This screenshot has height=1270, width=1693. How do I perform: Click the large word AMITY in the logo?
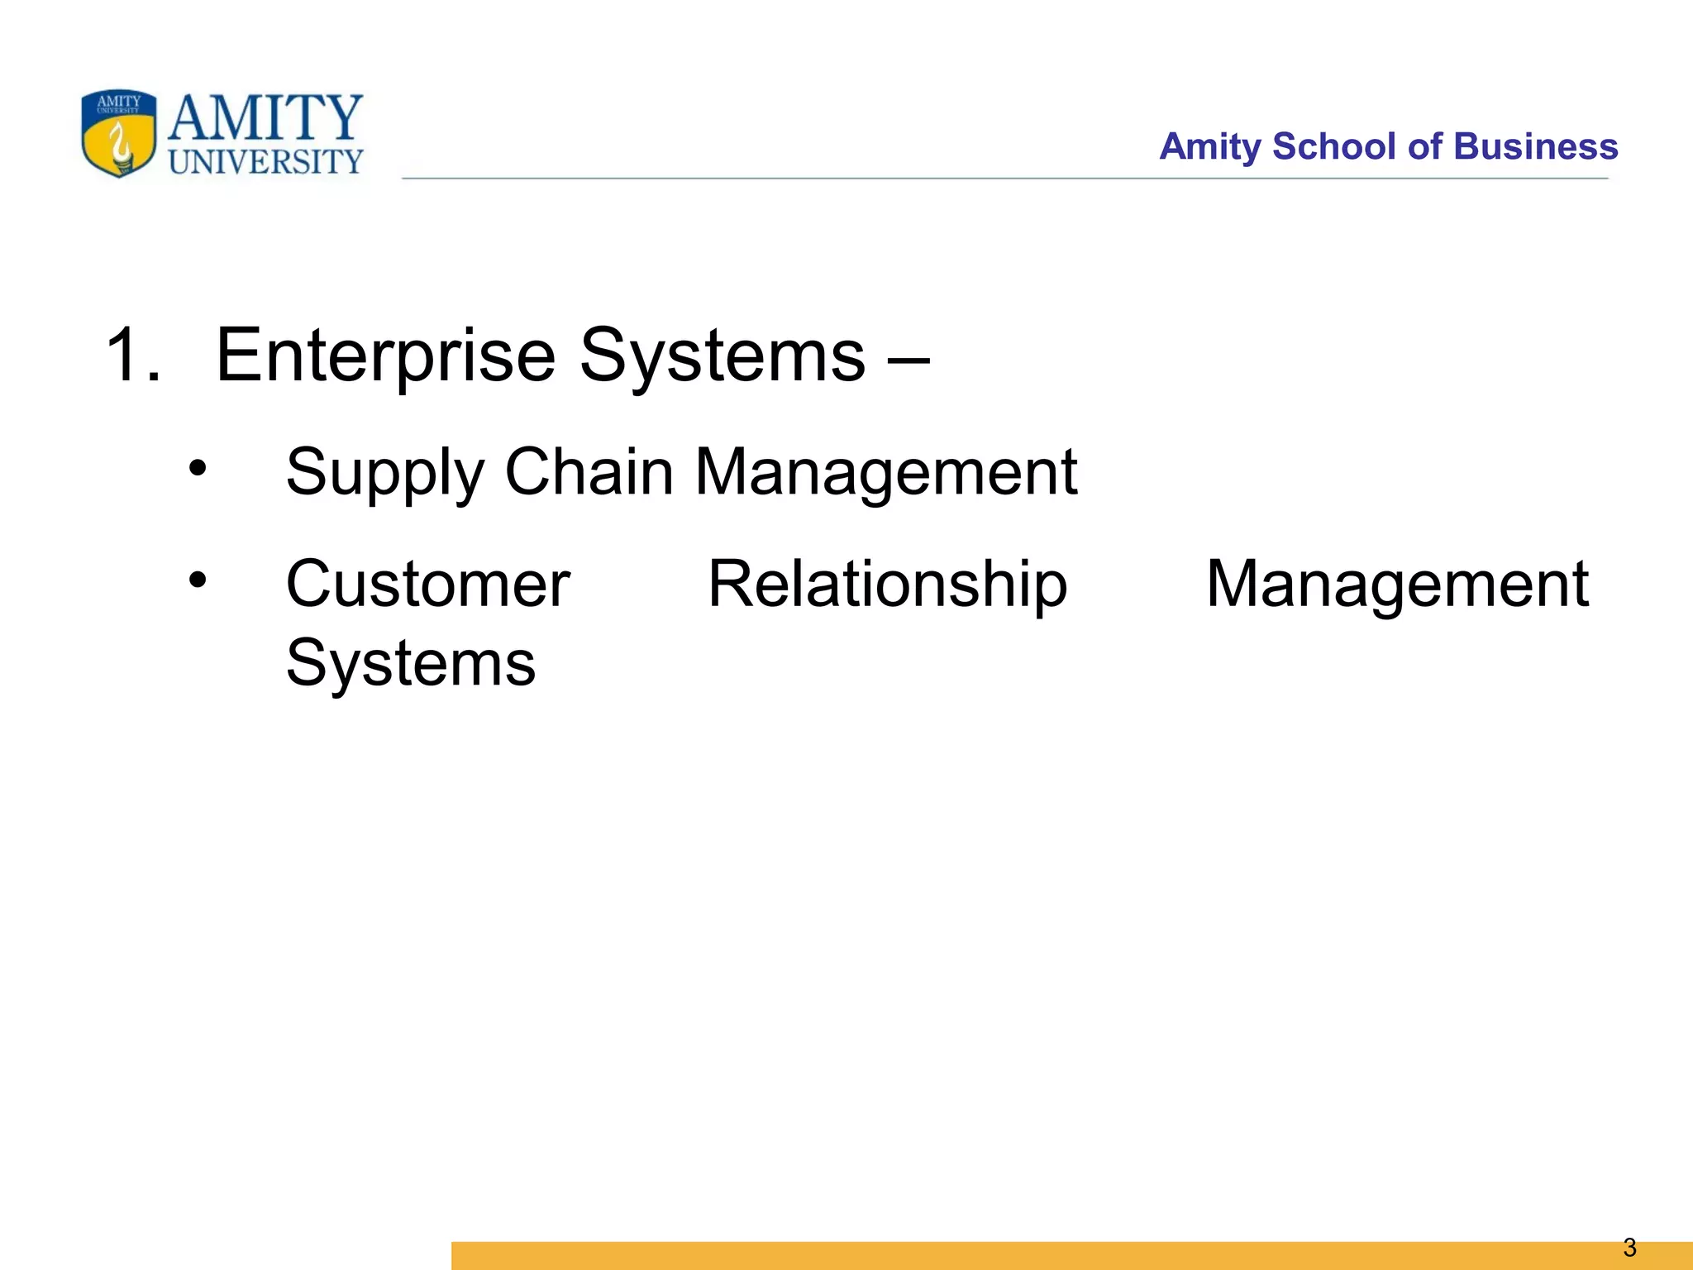tap(265, 117)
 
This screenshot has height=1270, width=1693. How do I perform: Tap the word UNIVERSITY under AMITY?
tap(265, 162)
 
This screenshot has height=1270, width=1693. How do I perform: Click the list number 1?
tap(132, 356)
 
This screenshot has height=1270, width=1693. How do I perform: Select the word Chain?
tap(589, 472)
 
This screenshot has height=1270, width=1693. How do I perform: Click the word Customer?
tap(427, 585)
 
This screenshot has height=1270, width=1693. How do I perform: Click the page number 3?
tap(1629, 1247)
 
